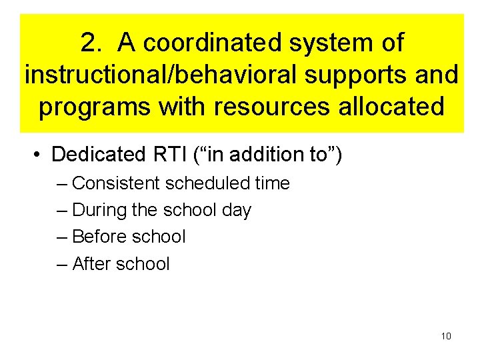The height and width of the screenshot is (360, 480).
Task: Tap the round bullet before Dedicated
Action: pyautogui.click(x=38, y=155)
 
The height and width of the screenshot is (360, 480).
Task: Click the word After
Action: pyautogui.click(x=91, y=264)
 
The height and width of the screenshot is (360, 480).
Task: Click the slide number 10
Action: pyautogui.click(x=446, y=336)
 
